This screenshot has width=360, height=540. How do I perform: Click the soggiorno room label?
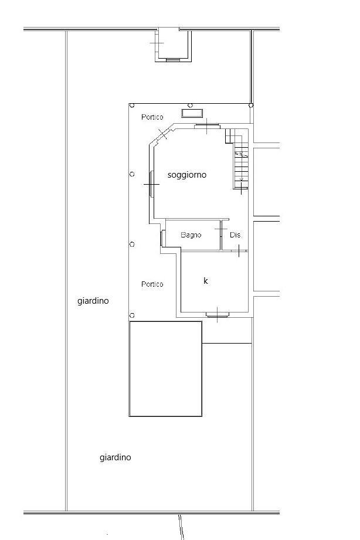click(186, 175)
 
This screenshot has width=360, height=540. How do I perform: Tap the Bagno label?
click(191, 235)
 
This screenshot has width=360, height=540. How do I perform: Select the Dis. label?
click(236, 235)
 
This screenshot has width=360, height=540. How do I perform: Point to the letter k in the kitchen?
click(206, 281)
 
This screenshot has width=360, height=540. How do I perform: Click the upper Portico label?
click(152, 117)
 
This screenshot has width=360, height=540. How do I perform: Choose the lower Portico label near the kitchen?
click(152, 284)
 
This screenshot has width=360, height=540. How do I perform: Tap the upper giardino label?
click(93, 301)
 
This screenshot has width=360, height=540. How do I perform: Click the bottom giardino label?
click(115, 457)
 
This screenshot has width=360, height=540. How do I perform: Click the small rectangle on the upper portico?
click(192, 113)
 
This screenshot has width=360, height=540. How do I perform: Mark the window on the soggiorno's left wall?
click(151, 184)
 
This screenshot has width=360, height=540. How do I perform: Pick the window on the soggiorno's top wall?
click(207, 126)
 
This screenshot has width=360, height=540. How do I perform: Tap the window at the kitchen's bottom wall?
click(218, 314)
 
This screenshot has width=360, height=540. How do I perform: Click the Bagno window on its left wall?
click(162, 238)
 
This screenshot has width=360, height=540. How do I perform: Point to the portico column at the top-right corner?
click(251, 106)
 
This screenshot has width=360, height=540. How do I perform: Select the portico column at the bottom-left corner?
click(132, 315)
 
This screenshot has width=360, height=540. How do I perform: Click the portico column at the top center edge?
click(191, 106)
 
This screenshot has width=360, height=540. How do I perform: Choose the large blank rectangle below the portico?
click(165, 369)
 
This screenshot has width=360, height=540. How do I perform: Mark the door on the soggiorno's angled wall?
click(162, 134)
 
